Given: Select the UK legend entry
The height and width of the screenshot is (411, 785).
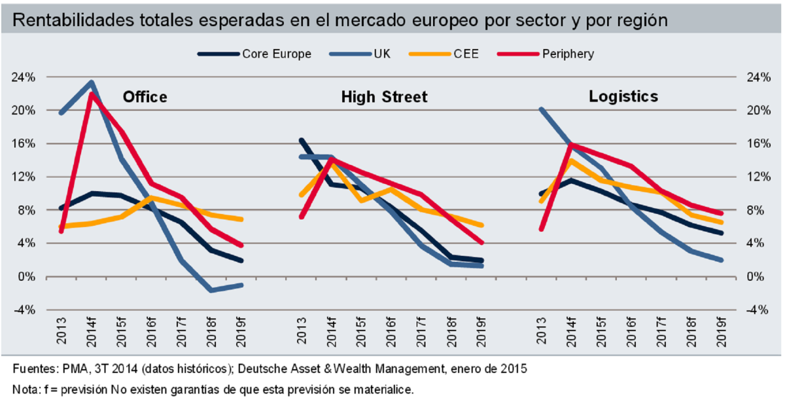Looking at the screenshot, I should (381, 54).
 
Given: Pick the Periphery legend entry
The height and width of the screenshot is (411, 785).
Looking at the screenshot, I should (568, 54).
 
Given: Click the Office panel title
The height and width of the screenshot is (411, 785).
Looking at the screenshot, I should (145, 98).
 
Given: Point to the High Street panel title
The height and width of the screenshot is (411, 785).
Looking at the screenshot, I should (384, 98).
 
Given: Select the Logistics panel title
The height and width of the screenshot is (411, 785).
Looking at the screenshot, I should (623, 97).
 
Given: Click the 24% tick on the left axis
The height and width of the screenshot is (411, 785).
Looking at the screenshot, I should (24, 77).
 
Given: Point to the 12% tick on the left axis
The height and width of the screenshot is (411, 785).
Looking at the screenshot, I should (24, 177).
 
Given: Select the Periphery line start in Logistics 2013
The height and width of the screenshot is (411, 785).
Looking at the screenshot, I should (541, 229).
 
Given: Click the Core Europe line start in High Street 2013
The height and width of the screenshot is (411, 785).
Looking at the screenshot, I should (300, 140).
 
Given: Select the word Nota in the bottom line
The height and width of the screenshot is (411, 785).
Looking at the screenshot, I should (24, 390).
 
